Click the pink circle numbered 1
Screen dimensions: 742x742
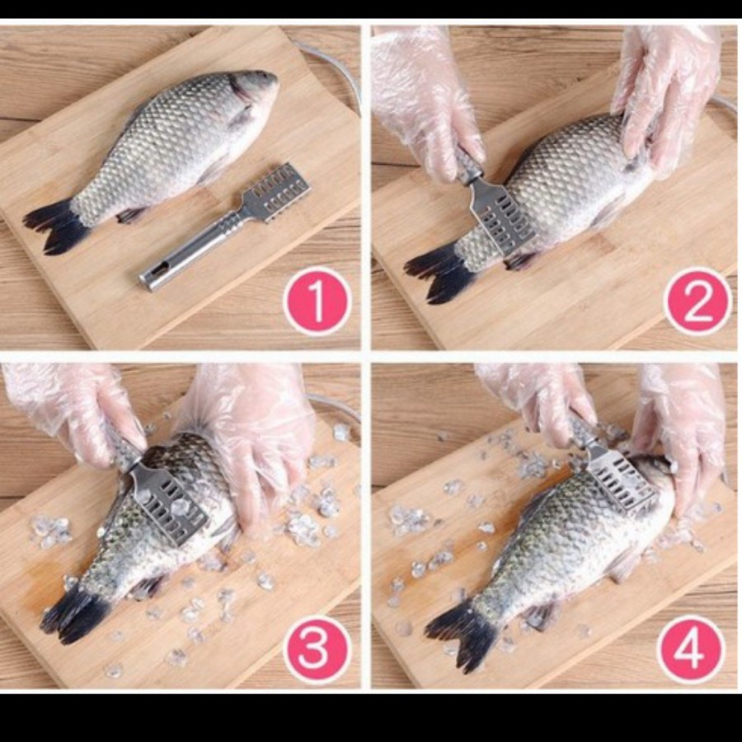coord(317,301)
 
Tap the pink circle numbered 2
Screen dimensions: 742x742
coord(697,301)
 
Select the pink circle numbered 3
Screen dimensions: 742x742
coord(317,650)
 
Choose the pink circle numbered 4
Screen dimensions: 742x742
coord(691,650)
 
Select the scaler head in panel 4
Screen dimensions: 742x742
coord(621,479)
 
